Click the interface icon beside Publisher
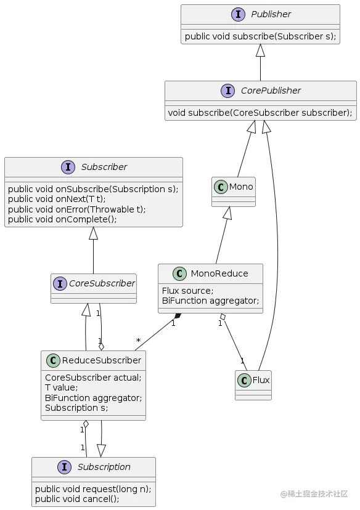238,14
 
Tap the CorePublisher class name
271,91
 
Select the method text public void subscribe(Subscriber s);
260,36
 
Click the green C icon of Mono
221,187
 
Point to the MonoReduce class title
219,273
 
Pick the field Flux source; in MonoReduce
187,291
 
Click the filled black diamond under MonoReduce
178,316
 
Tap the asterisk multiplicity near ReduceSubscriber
138,340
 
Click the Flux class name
261,380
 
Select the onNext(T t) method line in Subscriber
57,199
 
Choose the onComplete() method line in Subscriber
62,219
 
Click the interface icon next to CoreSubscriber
60,283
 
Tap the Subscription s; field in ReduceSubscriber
76,408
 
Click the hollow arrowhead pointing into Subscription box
101,450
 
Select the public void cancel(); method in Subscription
77,499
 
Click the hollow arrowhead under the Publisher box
260,50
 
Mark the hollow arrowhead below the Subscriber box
94,233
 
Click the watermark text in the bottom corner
314,494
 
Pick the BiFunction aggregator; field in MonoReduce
210,301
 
